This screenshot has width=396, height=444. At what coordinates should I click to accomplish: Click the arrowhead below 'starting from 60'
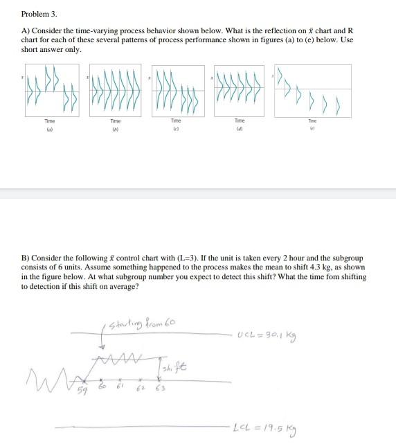[x=105, y=348]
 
